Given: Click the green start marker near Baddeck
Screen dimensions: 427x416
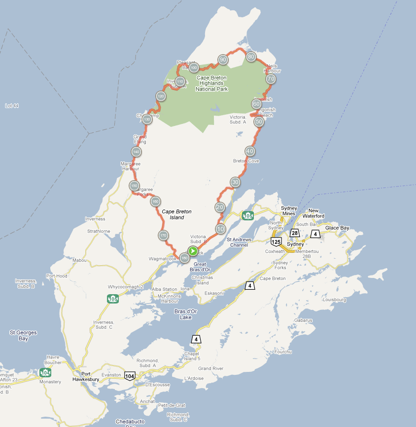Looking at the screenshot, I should (x=193, y=251).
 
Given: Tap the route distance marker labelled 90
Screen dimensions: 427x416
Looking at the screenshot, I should (x=223, y=60).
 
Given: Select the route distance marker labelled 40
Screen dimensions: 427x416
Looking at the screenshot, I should (x=250, y=152).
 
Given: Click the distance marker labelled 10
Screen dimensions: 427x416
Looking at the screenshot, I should (x=220, y=229).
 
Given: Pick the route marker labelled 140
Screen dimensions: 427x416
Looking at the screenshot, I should (x=136, y=152).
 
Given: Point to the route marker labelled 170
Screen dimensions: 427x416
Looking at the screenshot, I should (x=163, y=235).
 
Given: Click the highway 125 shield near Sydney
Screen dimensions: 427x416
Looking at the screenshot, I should (x=276, y=242).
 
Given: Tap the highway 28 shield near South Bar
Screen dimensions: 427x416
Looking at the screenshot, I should (x=295, y=233).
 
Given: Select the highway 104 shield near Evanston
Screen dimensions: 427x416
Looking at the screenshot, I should (x=130, y=376).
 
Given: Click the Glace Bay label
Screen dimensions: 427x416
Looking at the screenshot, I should (x=337, y=228).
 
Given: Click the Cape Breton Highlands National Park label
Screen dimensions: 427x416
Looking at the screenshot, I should (x=211, y=84).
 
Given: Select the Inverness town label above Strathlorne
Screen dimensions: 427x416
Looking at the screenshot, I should (x=95, y=219).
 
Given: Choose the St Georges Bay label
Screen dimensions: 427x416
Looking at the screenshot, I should (x=24, y=335).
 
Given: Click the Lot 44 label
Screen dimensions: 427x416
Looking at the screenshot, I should (x=11, y=106).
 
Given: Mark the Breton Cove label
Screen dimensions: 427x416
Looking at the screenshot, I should (x=246, y=161).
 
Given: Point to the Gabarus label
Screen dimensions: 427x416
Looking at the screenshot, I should (x=303, y=320).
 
